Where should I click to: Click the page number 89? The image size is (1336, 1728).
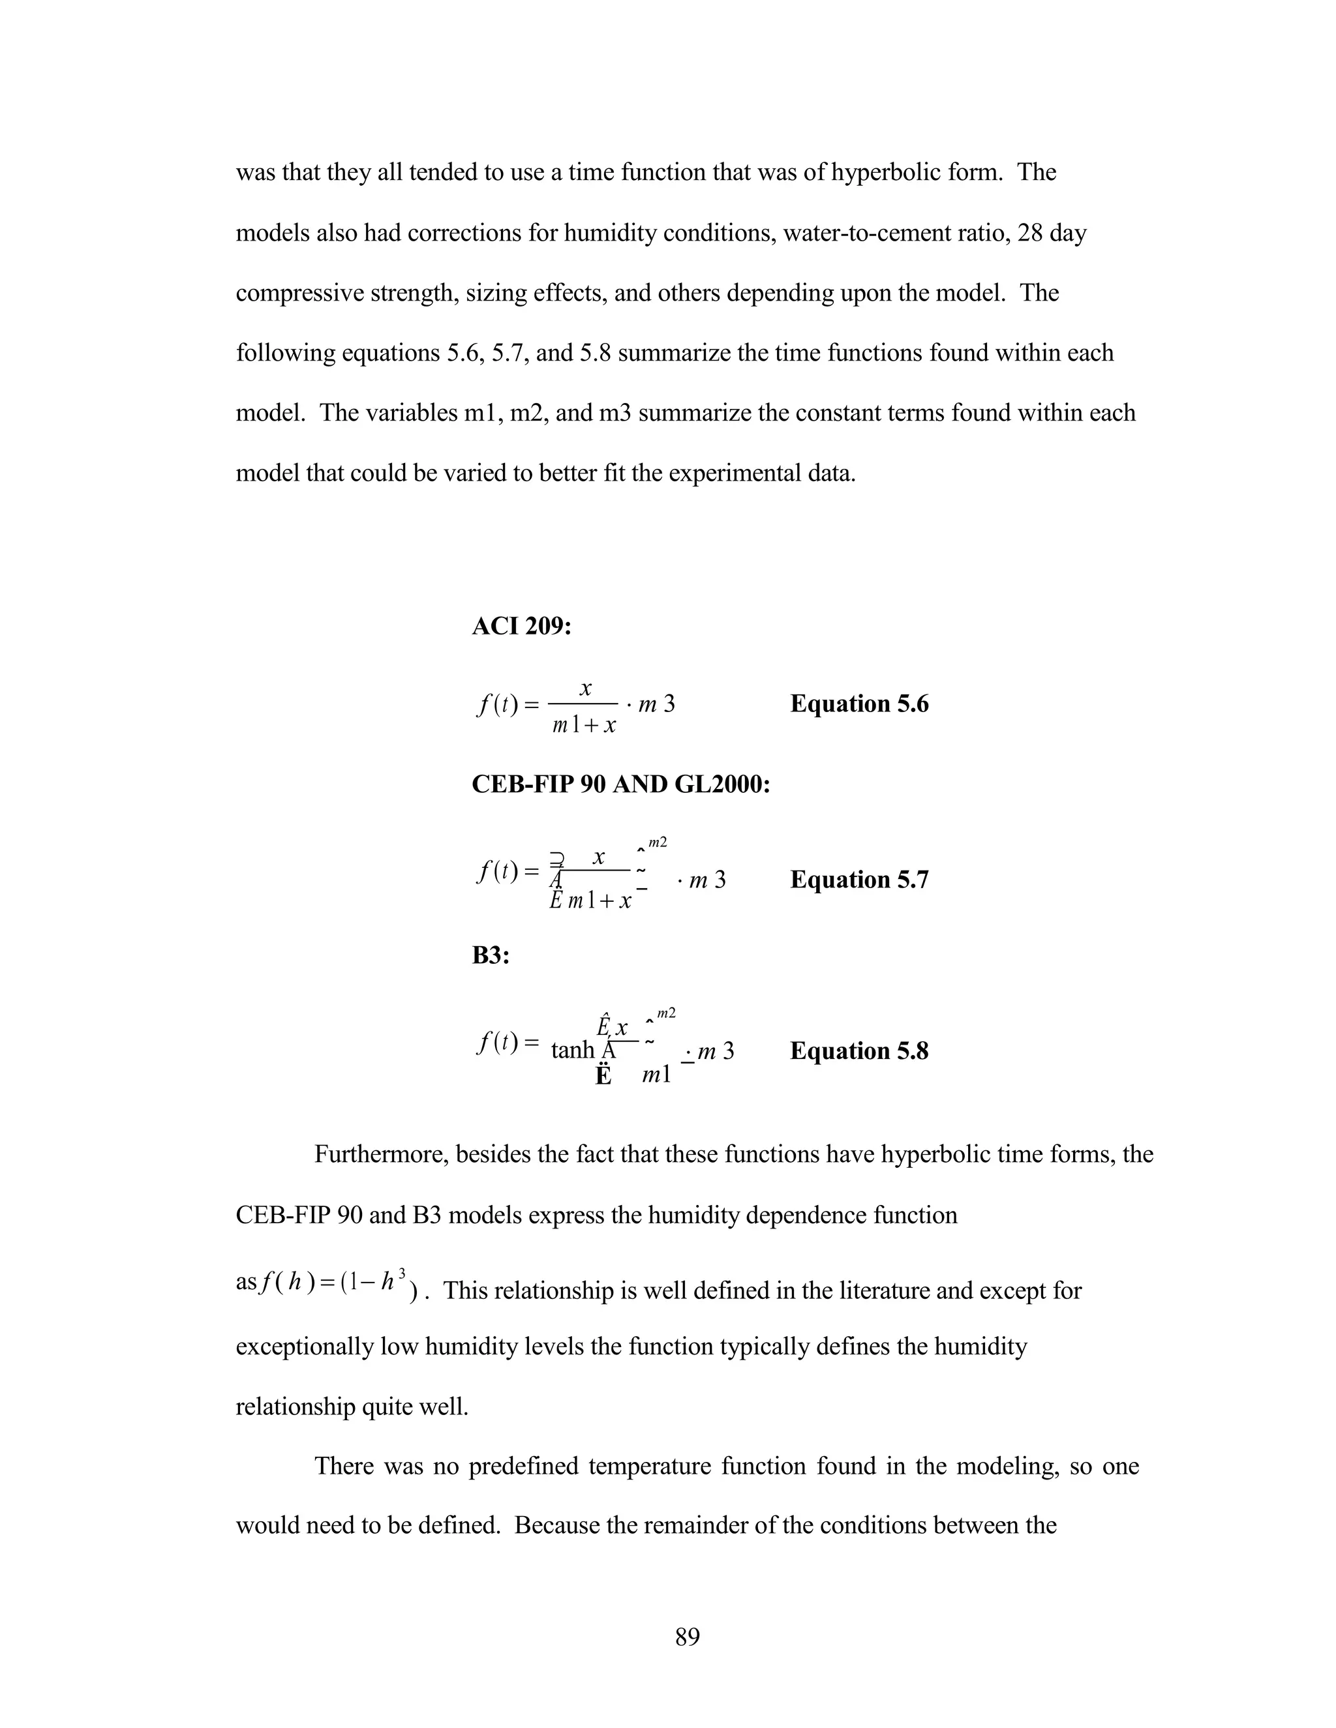687,1636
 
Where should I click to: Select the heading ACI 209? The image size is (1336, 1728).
522,627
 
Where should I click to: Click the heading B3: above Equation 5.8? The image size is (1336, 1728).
490,956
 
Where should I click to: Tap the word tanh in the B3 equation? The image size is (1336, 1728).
572,1050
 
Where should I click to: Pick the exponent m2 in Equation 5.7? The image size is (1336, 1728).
657,842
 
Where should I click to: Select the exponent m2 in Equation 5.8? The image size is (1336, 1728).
665,1013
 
